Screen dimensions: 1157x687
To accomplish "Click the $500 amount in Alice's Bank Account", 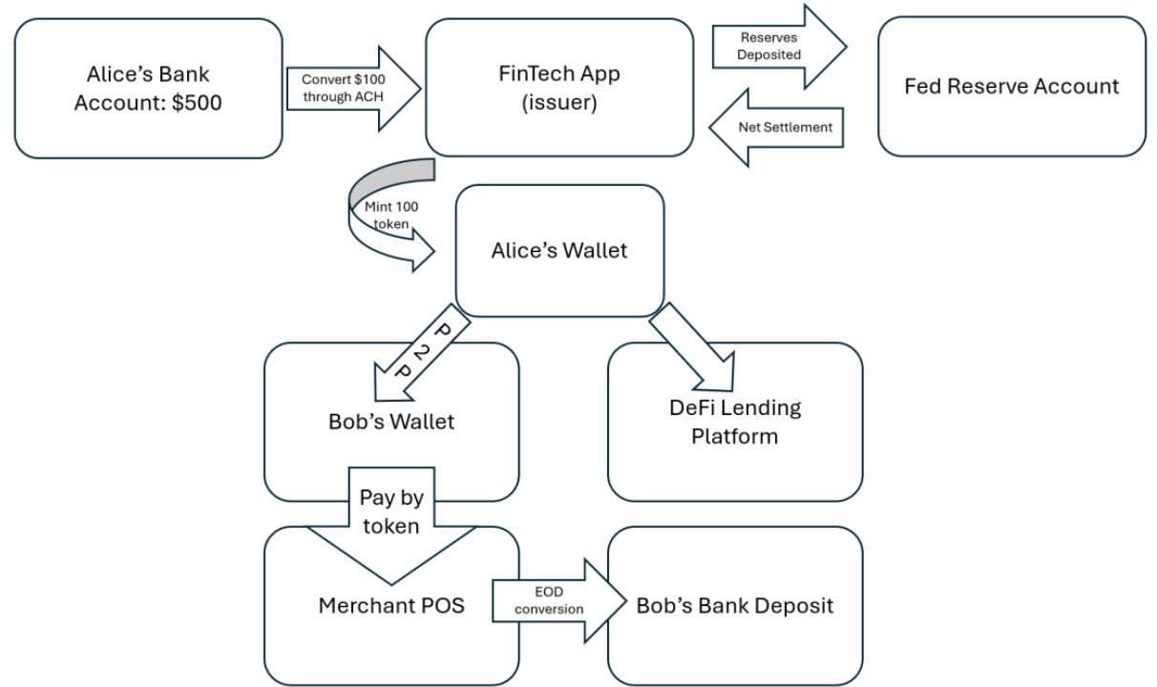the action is click(197, 103).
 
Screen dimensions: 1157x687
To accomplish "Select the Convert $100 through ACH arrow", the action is click(354, 89).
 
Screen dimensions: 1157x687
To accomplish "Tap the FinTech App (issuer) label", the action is click(559, 88).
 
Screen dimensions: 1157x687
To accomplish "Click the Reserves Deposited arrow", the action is click(779, 47).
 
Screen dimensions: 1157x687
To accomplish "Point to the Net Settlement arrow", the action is click(776, 128).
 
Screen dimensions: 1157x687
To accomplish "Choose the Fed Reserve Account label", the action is click(1011, 86).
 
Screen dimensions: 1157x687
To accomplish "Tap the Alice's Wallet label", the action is click(559, 251).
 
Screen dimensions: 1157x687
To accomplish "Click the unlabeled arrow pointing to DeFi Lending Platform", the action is click(695, 348).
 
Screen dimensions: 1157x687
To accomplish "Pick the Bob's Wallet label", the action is click(391, 422).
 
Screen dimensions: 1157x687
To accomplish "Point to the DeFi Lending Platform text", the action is click(735, 422).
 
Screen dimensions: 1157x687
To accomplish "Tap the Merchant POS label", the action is click(391, 606).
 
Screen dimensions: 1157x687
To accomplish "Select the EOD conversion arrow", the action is click(559, 601).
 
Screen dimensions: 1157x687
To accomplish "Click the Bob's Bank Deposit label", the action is click(735, 606).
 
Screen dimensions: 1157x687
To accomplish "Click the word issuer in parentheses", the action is click(559, 102).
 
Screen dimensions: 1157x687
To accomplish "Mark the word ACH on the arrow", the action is click(369, 96).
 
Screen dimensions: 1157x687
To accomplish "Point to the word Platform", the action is click(734, 437).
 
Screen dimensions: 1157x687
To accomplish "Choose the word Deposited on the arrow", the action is click(769, 54).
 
